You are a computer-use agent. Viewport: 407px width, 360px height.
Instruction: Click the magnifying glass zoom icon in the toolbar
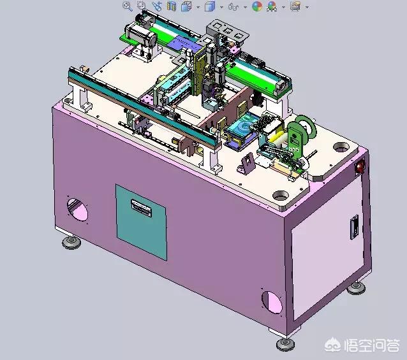pyautogui.click(x=127, y=6)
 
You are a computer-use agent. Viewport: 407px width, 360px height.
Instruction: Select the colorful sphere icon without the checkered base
pyautogui.click(x=257, y=6)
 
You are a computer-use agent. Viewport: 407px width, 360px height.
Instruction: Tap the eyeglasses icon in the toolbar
pyautogui.click(x=233, y=7)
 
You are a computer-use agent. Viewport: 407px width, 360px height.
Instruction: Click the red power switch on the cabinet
pyautogui.click(x=360, y=166)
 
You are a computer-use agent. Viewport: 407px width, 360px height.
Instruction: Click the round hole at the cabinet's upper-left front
pyautogui.click(x=77, y=210)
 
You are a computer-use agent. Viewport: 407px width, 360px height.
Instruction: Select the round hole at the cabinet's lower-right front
pyautogui.click(x=272, y=303)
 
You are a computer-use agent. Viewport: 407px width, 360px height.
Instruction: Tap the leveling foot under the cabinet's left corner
pyautogui.click(x=71, y=243)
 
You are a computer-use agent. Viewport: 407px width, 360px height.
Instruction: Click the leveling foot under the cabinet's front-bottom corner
pyautogui.click(x=286, y=343)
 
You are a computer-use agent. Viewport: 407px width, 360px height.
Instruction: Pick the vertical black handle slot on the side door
pyautogui.click(x=354, y=227)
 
